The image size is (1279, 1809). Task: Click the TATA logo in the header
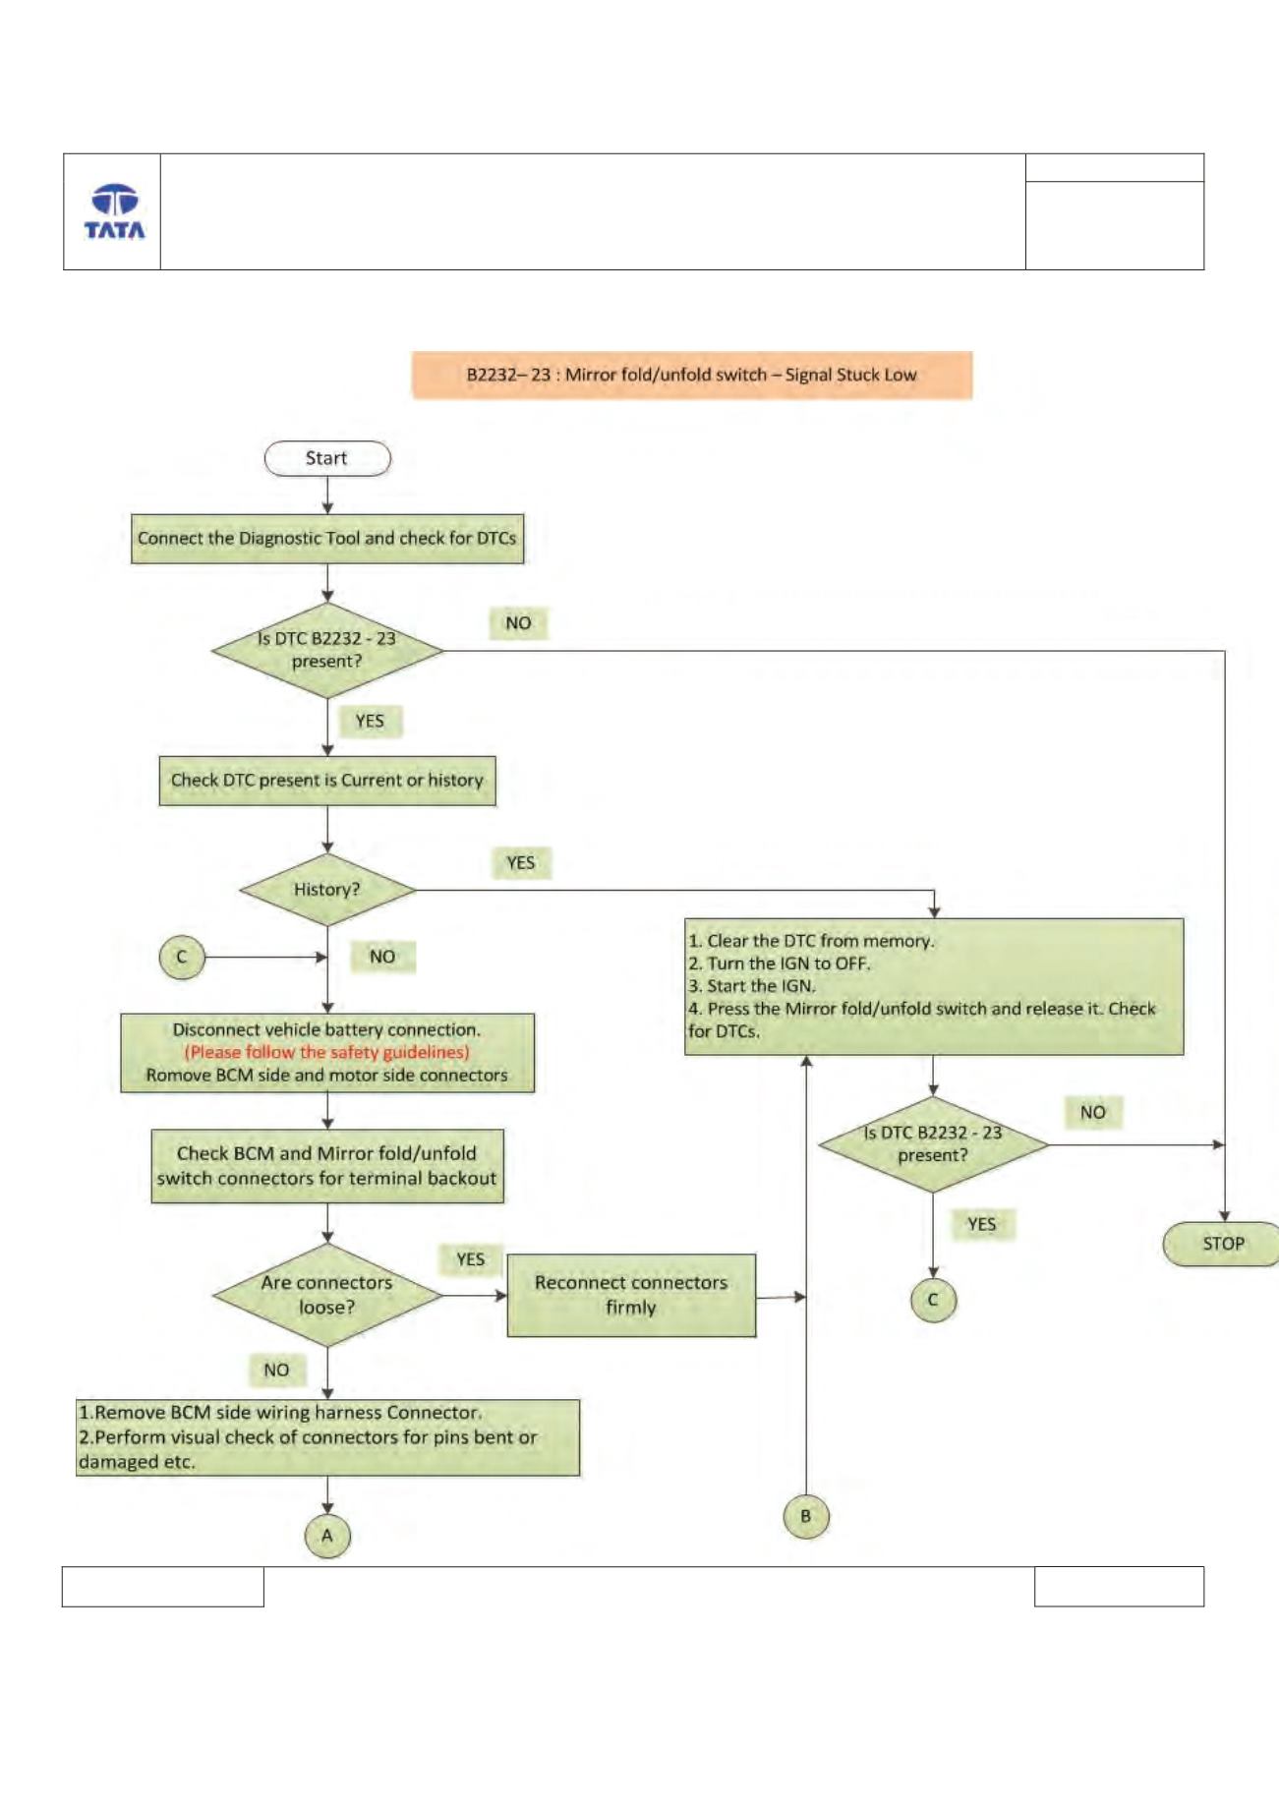(114, 211)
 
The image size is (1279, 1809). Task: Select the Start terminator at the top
(327, 458)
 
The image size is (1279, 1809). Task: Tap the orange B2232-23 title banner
(692, 375)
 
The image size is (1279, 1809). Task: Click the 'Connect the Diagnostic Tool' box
(327, 539)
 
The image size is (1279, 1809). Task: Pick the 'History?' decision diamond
(327, 890)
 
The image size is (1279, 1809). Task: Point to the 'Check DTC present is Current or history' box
(327, 781)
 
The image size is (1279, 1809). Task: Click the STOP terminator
(1222, 1244)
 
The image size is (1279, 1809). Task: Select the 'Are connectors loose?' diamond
(327, 1295)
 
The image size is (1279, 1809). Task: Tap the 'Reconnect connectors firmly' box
(631, 1295)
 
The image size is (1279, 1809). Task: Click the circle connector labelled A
(327, 1536)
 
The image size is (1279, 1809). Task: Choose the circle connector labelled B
(806, 1516)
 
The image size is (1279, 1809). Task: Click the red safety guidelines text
(327, 1052)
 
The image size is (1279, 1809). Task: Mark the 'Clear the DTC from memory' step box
(934, 986)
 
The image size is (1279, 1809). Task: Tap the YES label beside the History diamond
(521, 863)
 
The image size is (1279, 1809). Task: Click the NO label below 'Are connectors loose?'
(276, 1370)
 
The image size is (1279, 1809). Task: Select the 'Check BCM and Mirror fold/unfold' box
(327, 1166)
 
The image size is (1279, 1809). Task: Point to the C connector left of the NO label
(182, 957)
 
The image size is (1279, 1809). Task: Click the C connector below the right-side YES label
(933, 1300)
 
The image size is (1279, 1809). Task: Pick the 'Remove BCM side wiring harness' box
(327, 1437)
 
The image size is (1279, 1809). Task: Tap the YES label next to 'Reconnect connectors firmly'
(471, 1259)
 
